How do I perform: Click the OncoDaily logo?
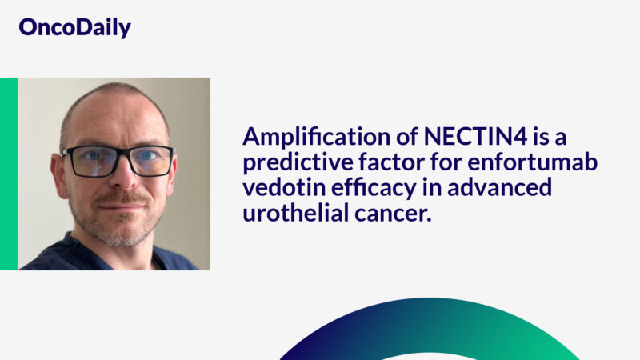pyautogui.click(x=74, y=28)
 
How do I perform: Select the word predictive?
pyautogui.click(x=291, y=164)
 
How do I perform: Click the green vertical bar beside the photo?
pyautogui.click(x=9, y=174)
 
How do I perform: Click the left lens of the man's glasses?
pyautogui.click(x=90, y=161)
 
